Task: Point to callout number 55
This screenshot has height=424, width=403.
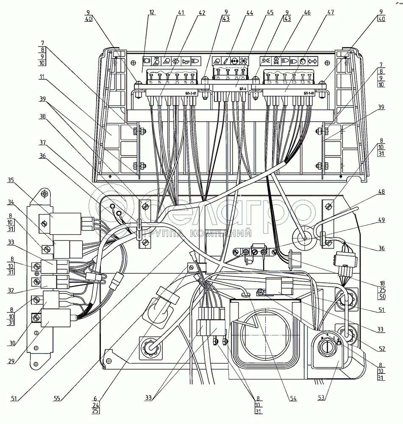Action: pos(57,399)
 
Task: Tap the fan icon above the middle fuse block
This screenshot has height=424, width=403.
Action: pos(244,60)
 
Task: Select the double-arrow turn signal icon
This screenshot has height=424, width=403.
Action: pos(313,60)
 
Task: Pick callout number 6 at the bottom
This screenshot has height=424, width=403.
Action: pos(96,399)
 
